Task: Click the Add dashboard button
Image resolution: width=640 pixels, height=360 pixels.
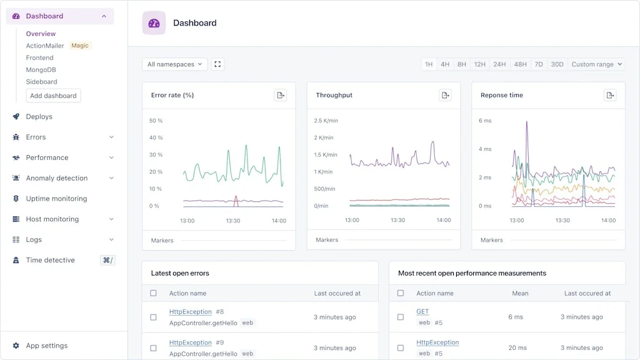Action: coord(53,96)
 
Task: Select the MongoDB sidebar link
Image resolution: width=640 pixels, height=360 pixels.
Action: coord(41,70)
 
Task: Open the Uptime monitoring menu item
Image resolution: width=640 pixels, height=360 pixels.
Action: coord(56,199)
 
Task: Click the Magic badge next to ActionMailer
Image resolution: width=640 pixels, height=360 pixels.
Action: coord(80,46)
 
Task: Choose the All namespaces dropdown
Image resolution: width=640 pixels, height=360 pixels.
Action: coord(174,64)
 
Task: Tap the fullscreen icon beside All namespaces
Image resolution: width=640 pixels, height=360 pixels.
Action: coord(217,64)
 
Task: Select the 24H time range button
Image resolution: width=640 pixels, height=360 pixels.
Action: coord(499,64)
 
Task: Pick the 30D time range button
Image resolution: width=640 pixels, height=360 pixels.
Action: coord(557,64)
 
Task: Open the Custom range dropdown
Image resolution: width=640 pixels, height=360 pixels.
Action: coord(596,64)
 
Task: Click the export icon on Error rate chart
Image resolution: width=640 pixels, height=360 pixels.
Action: coord(281,95)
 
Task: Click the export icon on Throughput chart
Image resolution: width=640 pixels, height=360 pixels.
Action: coord(445,95)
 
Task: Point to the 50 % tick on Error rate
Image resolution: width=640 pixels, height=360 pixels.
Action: coord(156,121)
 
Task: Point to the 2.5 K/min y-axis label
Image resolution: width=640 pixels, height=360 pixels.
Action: coord(326,121)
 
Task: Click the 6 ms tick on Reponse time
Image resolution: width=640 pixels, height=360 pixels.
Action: coord(485,121)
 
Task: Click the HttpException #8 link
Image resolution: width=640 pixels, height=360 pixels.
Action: coord(191,312)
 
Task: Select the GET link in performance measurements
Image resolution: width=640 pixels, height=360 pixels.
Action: coord(422,312)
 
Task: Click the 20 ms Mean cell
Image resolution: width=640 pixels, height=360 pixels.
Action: coord(517,348)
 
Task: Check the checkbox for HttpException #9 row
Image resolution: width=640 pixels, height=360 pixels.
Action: coord(154,348)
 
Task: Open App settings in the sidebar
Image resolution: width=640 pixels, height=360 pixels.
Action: coord(46,346)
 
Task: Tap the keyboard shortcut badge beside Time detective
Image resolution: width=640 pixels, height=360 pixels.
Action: coord(107,261)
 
